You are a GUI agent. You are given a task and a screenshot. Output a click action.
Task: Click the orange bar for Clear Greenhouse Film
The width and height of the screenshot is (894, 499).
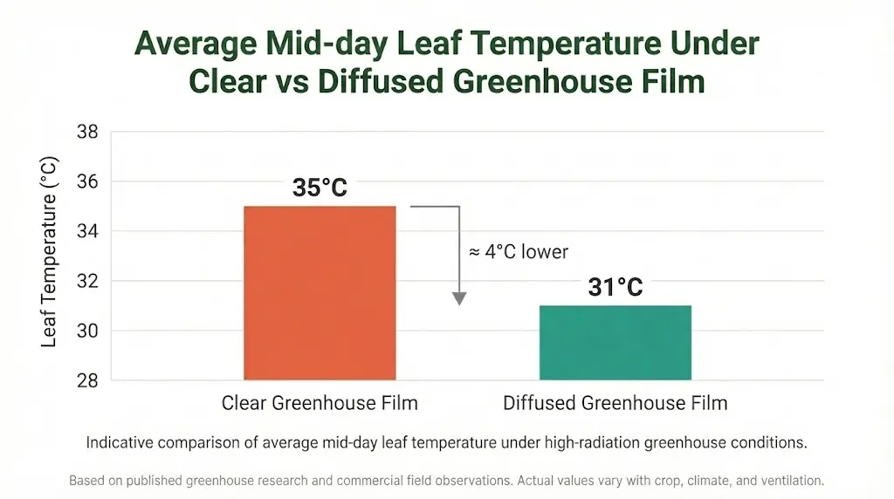click(320, 293)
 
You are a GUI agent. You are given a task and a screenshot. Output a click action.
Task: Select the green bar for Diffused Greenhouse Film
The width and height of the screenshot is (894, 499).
click(615, 343)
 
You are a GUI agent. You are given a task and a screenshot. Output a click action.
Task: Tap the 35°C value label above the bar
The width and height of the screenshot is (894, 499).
click(320, 188)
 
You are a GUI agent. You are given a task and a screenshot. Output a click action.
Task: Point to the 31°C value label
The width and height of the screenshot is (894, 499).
click(615, 287)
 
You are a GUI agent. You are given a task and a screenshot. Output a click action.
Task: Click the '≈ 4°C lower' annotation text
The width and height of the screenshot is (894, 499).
click(519, 252)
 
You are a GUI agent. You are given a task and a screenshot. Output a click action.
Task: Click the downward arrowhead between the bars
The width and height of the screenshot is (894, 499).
click(459, 298)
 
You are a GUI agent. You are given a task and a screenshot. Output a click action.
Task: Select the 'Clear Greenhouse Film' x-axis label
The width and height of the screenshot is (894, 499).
click(320, 403)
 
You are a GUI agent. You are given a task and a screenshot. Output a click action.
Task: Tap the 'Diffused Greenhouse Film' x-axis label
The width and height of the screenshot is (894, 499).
click(615, 403)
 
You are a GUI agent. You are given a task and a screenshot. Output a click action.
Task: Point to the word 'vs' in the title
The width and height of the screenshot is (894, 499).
click(291, 81)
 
